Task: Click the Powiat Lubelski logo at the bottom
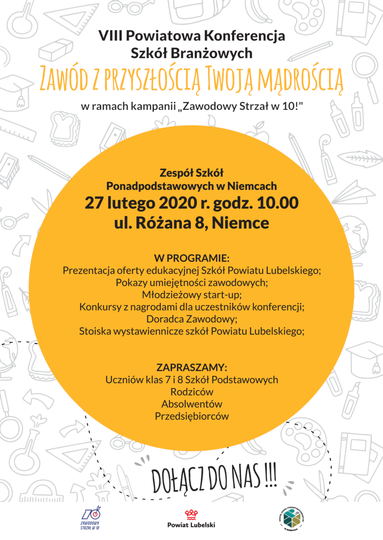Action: click(x=191, y=519)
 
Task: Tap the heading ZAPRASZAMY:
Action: click(x=191, y=368)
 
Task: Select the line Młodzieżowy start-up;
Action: click(x=191, y=294)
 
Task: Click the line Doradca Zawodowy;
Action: click(x=191, y=319)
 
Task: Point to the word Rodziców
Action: click(x=191, y=392)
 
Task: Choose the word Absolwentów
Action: click(x=191, y=404)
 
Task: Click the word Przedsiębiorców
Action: click(x=191, y=416)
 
